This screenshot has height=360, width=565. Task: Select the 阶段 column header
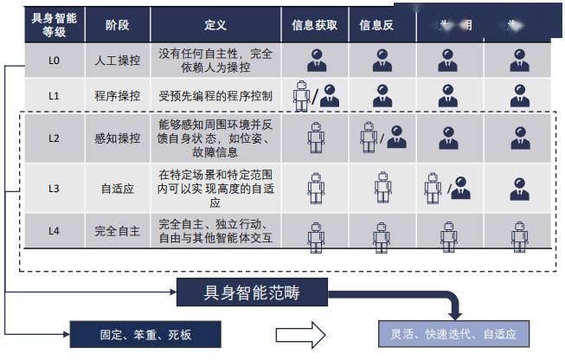(117, 25)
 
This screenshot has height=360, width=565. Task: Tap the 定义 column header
(215, 25)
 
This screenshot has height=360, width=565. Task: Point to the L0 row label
(54, 61)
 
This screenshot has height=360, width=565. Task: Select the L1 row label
(54, 96)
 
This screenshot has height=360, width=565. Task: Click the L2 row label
(54, 138)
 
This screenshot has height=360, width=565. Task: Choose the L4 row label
(54, 231)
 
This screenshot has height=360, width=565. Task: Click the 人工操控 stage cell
(117, 61)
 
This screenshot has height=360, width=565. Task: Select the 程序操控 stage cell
(117, 96)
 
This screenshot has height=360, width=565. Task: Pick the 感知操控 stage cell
(117, 138)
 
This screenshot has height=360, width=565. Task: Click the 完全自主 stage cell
(117, 231)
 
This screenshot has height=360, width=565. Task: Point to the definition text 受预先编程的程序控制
(215, 96)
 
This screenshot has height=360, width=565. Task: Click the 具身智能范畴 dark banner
(252, 292)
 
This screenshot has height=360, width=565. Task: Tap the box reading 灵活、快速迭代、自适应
(453, 333)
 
